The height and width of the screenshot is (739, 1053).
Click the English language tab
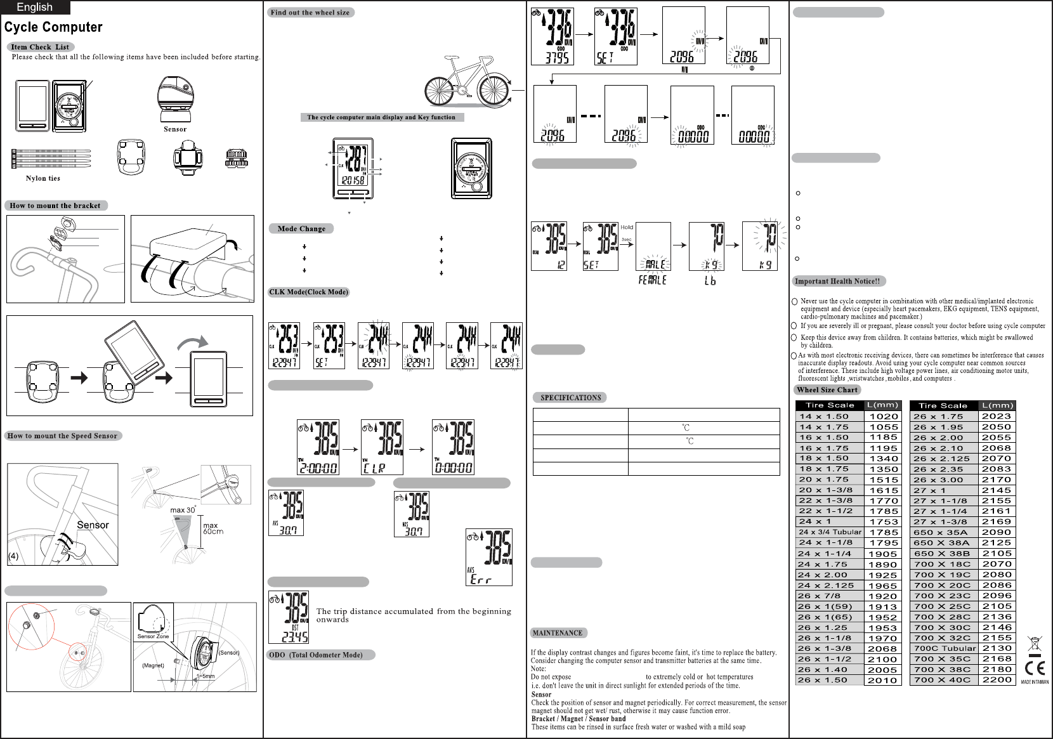pyautogui.click(x=34, y=7)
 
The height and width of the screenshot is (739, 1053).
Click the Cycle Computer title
pyautogui.click(x=53, y=27)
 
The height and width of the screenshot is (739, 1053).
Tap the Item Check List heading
pyautogui.click(x=40, y=47)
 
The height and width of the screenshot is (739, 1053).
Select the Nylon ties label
pyautogui.click(x=43, y=178)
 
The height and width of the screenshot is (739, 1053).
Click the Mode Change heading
pyautogui.click(x=301, y=228)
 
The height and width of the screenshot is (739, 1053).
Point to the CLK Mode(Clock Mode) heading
pyautogui.click(x=309, y=292)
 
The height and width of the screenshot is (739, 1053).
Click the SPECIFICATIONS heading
pyautogui.click(x=570, y=398)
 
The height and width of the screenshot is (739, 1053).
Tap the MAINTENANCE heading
pyautogui.click(x=557, y=632)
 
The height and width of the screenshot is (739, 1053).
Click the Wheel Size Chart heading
pyautogui.click(x=827, y=389)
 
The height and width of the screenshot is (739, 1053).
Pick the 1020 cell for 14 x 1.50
pyautogui.click(x=884, y=417)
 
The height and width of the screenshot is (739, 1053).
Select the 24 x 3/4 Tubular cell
pyautogui.click(x=830, y=532)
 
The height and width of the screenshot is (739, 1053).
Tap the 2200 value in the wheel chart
pyautogui.click(x=997, y=680)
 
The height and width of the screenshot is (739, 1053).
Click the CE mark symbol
pyautogui.click(x=1035, y=668)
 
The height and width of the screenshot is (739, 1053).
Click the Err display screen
pyautogui.click(x=488, y=557)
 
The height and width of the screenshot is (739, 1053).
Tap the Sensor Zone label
pyautogui.click(x=154, y=636)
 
